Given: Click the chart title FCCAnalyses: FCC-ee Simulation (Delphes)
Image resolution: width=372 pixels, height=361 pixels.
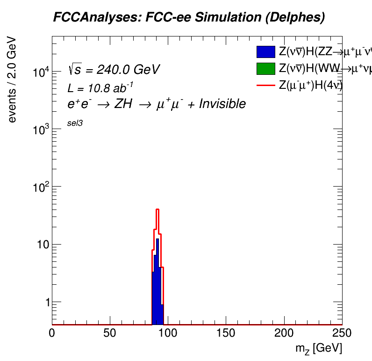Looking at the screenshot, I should coord(189,18).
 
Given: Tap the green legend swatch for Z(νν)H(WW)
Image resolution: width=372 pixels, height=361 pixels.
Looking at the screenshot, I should coord(265,68).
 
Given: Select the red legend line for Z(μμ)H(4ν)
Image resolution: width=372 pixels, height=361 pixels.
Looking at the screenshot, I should coord(265,85).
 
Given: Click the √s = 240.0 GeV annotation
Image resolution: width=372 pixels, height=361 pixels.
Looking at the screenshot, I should coord(114,70).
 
